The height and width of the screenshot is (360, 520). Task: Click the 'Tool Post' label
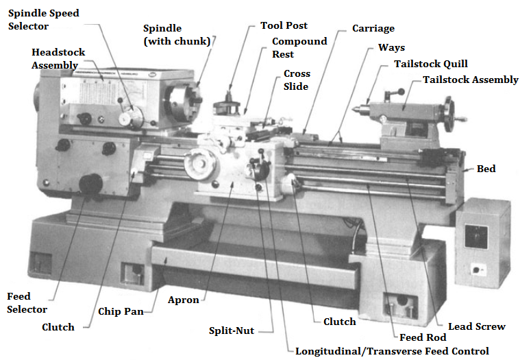pos(284,25)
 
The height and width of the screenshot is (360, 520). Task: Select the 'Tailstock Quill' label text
pos(430,64)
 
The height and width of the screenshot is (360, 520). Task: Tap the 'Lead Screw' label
pos(477,326)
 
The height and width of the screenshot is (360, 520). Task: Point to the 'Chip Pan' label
pos(121,311)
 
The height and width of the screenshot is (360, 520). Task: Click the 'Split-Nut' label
pos(232,331)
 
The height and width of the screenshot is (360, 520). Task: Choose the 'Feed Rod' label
pos(423,337)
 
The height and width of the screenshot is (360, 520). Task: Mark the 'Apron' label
pos(183,300)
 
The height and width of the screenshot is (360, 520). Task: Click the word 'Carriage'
pos(373,29)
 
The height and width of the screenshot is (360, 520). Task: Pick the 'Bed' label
pos(486,169)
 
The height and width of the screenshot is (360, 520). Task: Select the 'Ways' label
pos(391,48)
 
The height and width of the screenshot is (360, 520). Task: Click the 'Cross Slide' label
pos(297,80)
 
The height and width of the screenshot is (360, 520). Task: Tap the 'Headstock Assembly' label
pos(58,59)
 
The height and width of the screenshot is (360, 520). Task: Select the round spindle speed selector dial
pos(131,118)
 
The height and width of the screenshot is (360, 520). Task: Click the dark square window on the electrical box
pos(476,237)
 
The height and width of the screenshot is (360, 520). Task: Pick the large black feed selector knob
pos(90,184)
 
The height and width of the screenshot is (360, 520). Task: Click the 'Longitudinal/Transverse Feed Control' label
pos(392,351)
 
